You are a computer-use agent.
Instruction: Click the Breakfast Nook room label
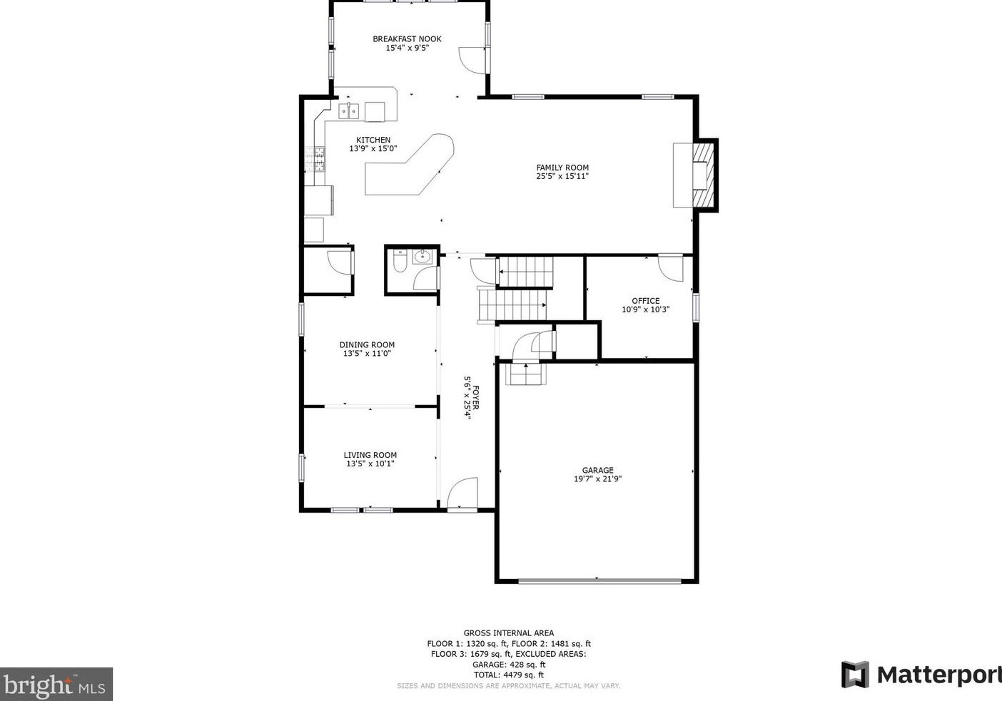click(407, 39)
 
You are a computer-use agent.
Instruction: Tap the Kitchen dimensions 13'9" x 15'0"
click(373, 149)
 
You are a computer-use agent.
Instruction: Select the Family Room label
click(562, 168)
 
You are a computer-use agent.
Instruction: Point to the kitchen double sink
click(348, 111)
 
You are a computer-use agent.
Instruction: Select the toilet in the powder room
click(400, 262)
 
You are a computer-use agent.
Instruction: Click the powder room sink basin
click(422, 256)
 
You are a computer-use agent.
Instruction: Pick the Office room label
click(645, 301)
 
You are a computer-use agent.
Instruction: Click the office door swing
click(671, 267)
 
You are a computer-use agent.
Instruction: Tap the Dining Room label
click(367, 345)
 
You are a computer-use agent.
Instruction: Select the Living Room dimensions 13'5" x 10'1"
click(370, 464)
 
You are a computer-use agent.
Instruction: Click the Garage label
click(597, 471)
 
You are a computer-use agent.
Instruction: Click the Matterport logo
click(921, 675)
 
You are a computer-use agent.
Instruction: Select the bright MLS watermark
click(56, 685)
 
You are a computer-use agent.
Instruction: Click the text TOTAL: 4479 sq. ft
click(508, 675)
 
